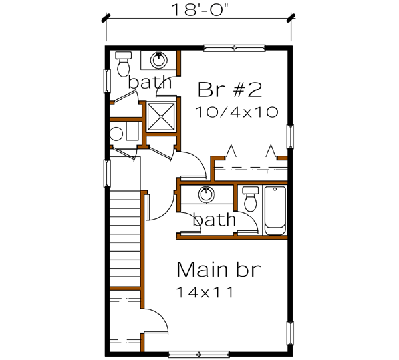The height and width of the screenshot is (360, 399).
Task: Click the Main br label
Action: [218, 271]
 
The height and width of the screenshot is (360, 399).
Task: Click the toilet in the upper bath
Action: [124, 63]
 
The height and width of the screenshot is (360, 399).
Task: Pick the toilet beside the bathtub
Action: [251, 199]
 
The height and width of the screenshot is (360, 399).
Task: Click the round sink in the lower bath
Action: [207, 195]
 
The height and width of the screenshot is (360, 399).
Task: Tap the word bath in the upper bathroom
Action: [150, 83]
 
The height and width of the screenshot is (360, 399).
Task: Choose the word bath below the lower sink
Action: [214, 219]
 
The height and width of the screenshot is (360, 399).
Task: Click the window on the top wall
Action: [233, 47]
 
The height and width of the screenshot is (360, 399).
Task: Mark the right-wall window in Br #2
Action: [289, 138]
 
